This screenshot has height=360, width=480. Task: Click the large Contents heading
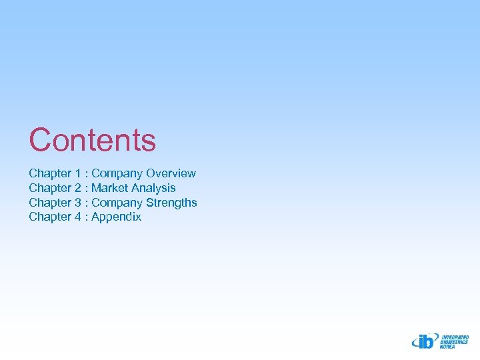coord(92,140)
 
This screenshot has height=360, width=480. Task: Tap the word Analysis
coord(153,188)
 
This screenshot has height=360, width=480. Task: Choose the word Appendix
coord(116,217)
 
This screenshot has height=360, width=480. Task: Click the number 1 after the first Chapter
coord(78,173)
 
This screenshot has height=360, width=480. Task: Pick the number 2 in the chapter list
coord(78,188)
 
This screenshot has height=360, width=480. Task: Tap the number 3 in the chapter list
coord(78,203)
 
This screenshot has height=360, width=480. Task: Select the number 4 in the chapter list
coord(78,217)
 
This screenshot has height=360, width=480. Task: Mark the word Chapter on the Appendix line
coord(50,217)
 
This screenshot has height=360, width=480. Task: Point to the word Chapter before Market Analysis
coord(50,188)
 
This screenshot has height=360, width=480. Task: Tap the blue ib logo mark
coord(424,341)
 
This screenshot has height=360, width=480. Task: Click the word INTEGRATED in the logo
coord(455,337)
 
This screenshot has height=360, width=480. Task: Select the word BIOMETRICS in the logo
coord(454,342)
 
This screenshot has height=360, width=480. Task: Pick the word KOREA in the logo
coord(448,347)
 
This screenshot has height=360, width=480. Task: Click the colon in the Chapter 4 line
coord(87,217)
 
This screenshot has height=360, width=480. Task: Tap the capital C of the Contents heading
coord(40,140)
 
